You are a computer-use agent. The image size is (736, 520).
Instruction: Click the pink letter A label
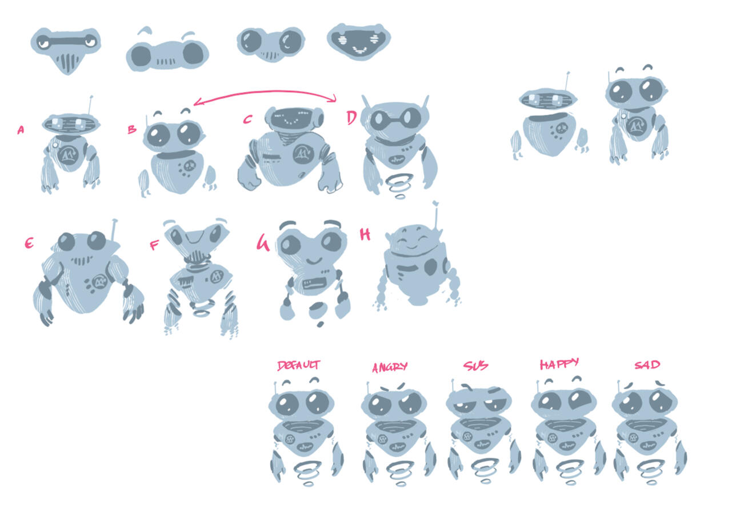pos(21,130)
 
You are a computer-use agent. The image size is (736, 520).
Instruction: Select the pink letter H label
pos(365,234)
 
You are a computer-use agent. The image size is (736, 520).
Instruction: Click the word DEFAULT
pos(298,366)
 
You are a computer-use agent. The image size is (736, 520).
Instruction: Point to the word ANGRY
pos(390,367)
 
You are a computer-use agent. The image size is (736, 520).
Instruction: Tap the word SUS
pos(475,366)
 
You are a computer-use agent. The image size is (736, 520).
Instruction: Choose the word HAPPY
pos(559,364)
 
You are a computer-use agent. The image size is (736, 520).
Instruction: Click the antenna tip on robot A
pos(91,97)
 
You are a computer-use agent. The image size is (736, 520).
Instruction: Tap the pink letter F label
pos(154,246)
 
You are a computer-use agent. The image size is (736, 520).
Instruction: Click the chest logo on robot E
pos(101,281)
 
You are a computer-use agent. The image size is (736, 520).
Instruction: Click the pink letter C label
pos(247,119)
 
